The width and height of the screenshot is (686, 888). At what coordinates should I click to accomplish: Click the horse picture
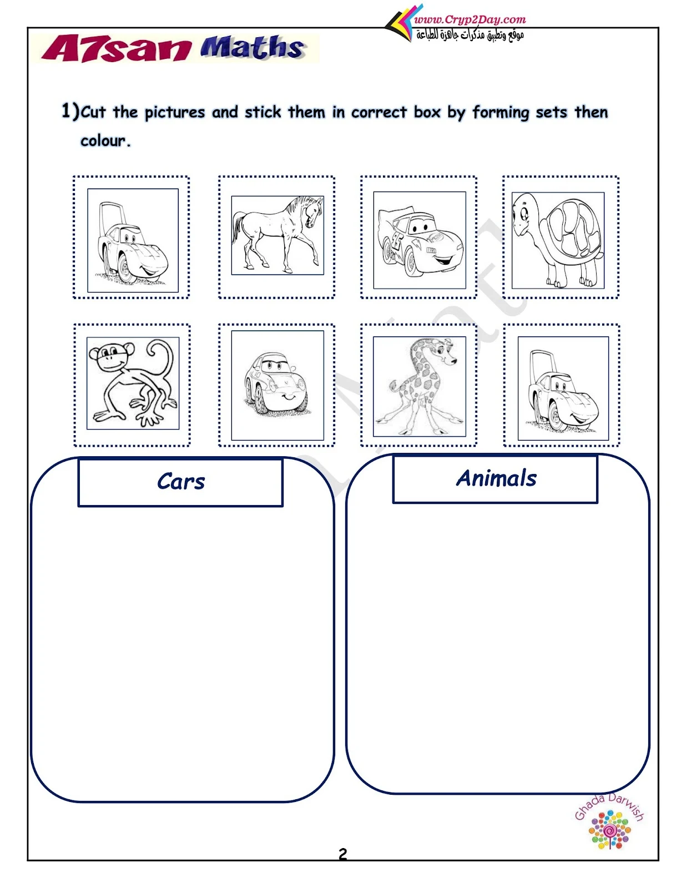[278, 235]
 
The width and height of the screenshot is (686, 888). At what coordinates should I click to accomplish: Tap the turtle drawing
[558, 240]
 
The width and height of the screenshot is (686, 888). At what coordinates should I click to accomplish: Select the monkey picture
[133, 383]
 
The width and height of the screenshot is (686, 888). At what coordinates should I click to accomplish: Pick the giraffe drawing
[419, 386]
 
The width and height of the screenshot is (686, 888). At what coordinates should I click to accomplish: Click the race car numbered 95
[420, 240]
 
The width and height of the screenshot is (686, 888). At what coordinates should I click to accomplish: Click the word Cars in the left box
[181, 481]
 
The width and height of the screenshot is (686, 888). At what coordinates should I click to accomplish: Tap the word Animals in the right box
[496, 478]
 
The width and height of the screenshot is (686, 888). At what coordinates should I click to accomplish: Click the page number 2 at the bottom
[342, 854]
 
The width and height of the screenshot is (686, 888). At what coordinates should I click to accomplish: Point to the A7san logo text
[116, 49]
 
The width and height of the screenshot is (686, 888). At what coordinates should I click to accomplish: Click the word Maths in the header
[252, 48]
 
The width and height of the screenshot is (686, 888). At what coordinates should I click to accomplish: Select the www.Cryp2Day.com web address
[470, 19]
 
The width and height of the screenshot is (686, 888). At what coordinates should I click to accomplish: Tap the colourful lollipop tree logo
[609, 830]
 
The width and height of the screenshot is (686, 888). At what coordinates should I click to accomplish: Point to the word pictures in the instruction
[175, 112]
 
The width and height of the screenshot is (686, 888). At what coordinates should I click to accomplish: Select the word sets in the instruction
[551, 112]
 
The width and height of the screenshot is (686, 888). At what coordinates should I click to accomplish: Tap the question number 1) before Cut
[70, 111]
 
